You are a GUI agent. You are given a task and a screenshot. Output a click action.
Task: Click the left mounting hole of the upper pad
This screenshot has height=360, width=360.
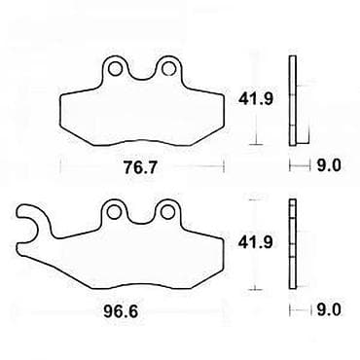115,68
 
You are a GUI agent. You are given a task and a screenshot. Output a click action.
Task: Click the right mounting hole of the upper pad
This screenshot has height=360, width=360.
168,68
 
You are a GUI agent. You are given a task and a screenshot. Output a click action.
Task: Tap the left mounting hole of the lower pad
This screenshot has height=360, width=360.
115,212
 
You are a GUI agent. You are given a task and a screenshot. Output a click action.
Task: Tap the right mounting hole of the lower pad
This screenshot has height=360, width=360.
168,212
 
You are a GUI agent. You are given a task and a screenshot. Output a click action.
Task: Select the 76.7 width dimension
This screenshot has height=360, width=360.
140,167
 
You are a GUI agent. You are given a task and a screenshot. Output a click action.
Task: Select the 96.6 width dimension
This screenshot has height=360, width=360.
121,311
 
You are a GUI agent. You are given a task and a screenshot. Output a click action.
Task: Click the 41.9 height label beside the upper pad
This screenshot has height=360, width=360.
256,98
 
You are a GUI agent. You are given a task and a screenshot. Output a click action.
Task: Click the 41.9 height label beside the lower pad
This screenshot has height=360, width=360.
256,242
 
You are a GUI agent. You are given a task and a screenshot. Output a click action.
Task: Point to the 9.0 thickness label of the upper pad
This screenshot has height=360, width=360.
329,165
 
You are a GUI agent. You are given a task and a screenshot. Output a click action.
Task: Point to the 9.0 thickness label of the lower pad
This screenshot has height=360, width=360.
329,310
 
